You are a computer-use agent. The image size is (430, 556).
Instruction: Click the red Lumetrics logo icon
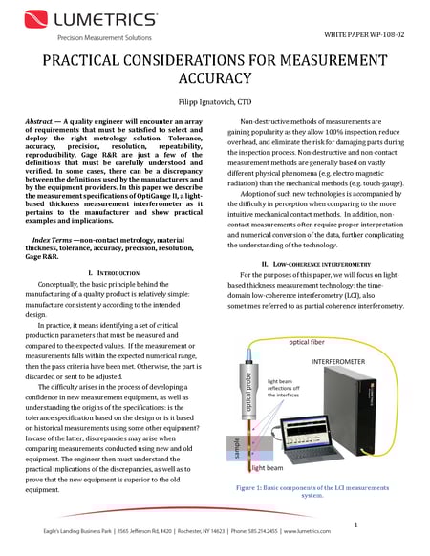pos(29,18)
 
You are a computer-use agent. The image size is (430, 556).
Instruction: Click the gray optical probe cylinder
pos(254,401)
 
